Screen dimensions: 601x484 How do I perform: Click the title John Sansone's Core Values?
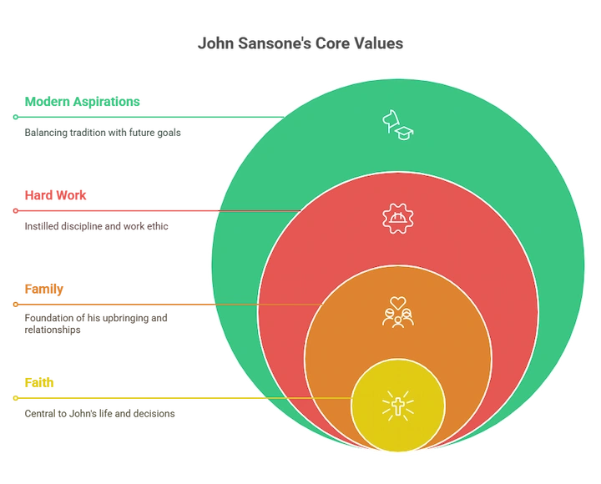(x=300, y=43)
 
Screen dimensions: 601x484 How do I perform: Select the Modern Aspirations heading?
(x=82, y=102)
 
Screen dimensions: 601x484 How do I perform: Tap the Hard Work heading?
(x=56, y=195)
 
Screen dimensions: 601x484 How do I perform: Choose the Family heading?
(x=44, y=289)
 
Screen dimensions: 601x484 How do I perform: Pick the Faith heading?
(x=39, y=382)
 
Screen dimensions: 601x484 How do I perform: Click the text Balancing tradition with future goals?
(x=103, y=133)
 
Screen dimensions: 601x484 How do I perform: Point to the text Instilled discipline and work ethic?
(x=96, y=226)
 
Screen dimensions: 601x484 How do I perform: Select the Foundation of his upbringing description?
(x=96, y=324)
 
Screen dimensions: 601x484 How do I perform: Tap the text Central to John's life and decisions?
(x=99, y=414)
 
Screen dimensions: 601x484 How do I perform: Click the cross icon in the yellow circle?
(x=398, y=406)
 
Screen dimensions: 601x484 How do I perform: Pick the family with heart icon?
(x=398, y=312)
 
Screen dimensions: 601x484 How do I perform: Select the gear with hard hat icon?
(x=398, y=219)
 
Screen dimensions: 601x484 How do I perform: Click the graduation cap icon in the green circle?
(x=404, y=133)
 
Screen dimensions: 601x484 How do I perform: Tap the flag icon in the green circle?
(x=391, y=122)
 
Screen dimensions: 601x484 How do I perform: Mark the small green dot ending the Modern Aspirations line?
(x=16, y=117)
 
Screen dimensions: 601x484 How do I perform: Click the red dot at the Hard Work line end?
(x=16, y=211)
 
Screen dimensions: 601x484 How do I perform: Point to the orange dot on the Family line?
(x=16, y=305)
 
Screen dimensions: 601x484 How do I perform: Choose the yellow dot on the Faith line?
(x=16, y=398)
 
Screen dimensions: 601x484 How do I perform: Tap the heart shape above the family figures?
(x=398, y=303)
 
